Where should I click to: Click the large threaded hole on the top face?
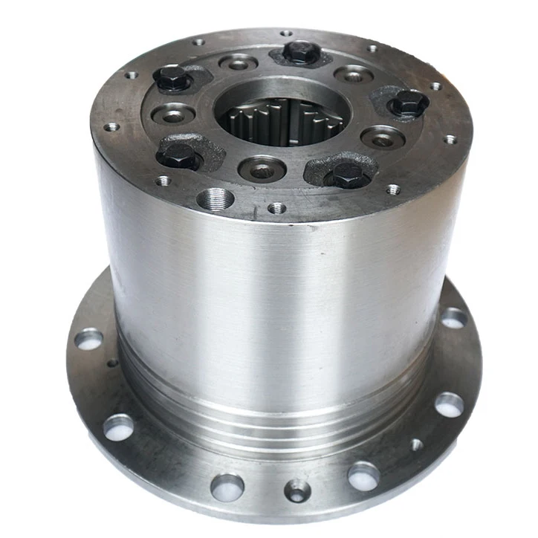(x=216, y=198)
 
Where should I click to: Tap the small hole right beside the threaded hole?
(x=276, y=208)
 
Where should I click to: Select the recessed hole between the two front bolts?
(x=262, y=167)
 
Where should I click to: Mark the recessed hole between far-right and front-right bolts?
(x=382, y=137)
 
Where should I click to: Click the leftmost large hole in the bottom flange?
(x=88, y=340)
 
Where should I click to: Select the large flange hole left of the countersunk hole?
(x=227, y=487)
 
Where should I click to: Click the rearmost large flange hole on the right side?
(x=453, y=318)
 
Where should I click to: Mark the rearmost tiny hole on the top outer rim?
(x=285, y=33)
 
